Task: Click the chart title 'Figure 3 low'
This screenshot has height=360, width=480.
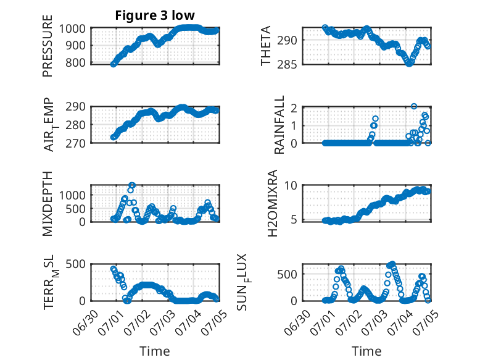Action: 155,15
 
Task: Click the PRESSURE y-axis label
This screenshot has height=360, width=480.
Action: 48,46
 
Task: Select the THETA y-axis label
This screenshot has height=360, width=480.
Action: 266,46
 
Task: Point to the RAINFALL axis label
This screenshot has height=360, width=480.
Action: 279,125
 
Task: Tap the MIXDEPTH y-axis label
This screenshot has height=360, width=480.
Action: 48,204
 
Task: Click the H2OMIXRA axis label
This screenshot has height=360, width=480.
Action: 273,203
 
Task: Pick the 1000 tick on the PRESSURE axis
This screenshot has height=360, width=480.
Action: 72,29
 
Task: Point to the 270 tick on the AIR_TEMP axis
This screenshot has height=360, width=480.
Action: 75,143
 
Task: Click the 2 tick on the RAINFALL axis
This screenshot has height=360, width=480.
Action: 294,108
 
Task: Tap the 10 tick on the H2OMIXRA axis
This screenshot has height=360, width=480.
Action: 291,185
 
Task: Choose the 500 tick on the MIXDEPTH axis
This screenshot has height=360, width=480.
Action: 75,209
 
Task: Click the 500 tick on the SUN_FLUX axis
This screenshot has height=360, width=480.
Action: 287,275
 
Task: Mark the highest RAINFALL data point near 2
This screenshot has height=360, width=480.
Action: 414,106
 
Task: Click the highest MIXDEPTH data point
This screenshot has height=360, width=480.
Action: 132,185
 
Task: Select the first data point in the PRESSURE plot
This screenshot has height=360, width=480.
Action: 114,64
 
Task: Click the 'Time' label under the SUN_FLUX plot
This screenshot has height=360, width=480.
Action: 366,351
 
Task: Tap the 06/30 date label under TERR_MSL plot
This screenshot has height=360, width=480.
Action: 86,322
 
